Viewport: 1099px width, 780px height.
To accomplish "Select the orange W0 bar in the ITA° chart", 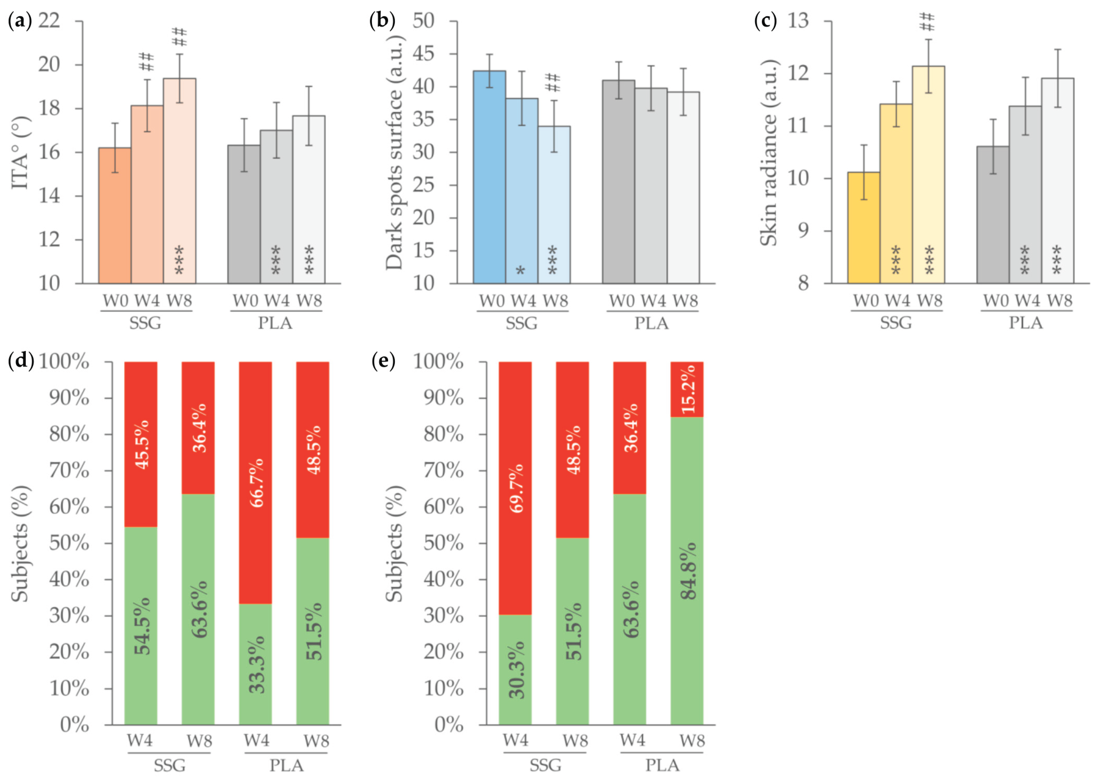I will (114, 216).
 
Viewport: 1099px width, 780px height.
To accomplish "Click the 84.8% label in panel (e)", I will (688, 571).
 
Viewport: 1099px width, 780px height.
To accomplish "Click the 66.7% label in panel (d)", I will (256, 483).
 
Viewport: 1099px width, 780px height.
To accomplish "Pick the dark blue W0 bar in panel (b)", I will (489, 178).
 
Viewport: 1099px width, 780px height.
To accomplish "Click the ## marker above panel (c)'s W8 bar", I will (927, 22).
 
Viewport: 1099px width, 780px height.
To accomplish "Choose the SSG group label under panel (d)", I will (169, 765).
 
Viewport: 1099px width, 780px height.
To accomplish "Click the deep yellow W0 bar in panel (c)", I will (864, 228).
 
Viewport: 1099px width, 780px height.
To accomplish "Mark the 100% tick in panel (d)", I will (64, 362).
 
